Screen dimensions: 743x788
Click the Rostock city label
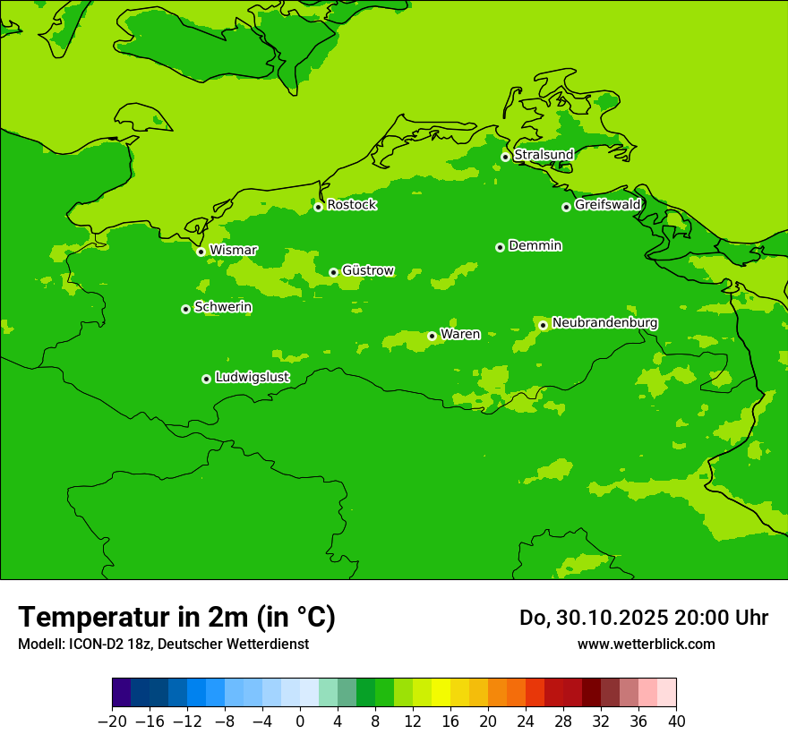[x=351, y=205]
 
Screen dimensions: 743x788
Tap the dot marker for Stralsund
[x=505, y=157]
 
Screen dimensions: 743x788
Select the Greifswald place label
[x=607, y=205]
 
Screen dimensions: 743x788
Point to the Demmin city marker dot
[x=500, y=247]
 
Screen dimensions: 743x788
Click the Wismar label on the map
[x=233, y=251]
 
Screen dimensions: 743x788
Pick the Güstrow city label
[x=367, y=270]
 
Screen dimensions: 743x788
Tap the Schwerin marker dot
[x=185, y=309]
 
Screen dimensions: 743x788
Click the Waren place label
[x=460, y=334]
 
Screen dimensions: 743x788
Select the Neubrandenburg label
[x=604, y=323]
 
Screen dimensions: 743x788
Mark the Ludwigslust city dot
[x=206, y=379]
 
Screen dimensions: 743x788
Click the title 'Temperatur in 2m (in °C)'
[x=176, y=617]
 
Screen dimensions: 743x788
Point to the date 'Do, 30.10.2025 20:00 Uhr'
[x=644, y=618]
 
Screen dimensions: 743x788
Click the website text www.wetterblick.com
[x=646, y=644]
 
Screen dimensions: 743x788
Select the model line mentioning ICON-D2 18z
[x=163, y=644]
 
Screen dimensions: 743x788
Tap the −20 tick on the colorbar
[x=112, y=721]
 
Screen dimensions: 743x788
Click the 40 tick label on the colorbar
[x=676, y=721]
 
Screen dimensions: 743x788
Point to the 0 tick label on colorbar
[x=300, y=721]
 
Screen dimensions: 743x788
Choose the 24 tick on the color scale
[x=526, y=721]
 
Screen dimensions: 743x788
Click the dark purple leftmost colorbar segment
[x=121, y=693]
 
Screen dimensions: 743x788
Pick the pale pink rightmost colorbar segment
[x=667, y=693]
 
